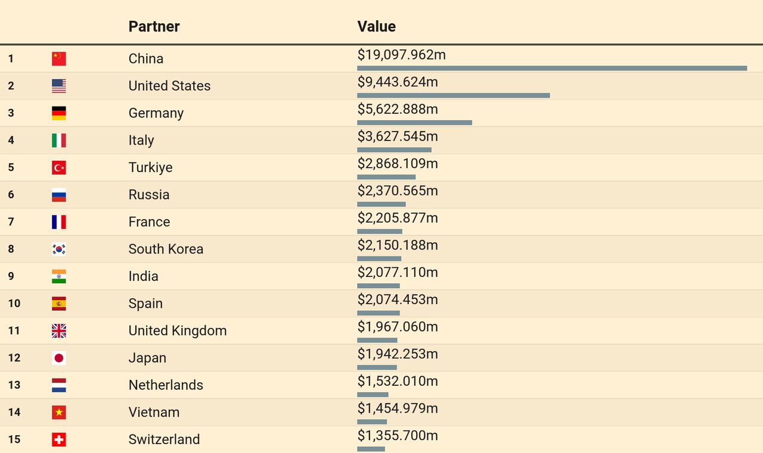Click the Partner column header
(x=154, y=26)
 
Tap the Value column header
(x=376, y=26)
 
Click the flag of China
(x=58, y=58)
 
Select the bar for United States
(x=453, y=95)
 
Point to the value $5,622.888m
(x=398, y=109)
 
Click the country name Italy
(x=141, y=140)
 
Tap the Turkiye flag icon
(x=58, y=167)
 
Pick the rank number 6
(x=11, y=195)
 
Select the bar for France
(x=380, y=232)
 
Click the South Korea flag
(x=58, y=249)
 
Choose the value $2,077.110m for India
(x=398, y=273)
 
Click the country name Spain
(x=145, y=303)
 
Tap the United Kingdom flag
(x=58, y=330)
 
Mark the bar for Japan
(x=377, y=367)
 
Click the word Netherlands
(x=166, y=385)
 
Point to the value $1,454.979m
(x=398, y=408)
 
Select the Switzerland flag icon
(x=58, y=439)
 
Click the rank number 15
(x=14, y=439)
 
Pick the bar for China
(x=552, y=68)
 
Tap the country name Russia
(x=149, y=195)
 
